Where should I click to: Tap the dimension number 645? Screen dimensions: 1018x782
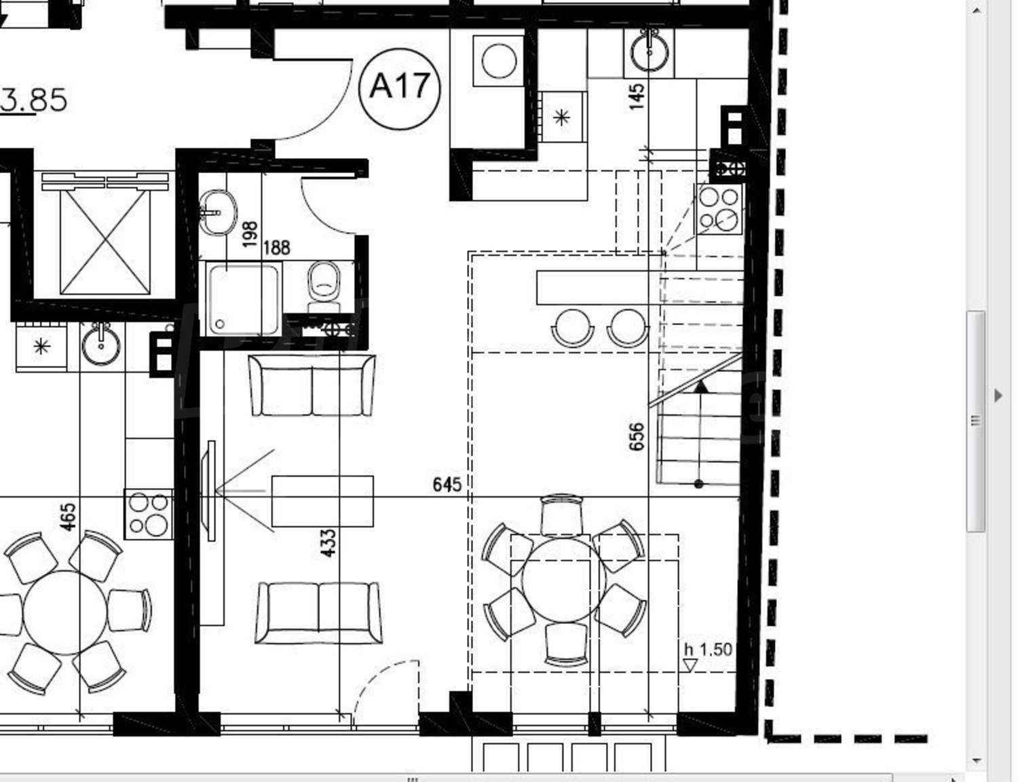click(x=447, y=485)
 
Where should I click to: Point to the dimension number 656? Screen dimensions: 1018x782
click(x=636, y=436)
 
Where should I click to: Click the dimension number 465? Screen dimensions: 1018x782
click(x=68, y=517)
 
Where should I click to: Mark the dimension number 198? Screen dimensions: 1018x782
click(x=250, y=234)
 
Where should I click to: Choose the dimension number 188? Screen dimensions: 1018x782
click(x=276, y=248)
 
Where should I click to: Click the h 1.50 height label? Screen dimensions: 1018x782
click(x=708, y=650)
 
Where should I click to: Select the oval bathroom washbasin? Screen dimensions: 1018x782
click(x=218, y=212)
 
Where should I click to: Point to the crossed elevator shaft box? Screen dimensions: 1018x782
click(x=105, y=242)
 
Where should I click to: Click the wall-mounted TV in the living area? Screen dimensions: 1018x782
click(x=208, y=491)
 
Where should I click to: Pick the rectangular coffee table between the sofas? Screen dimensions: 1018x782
click(x=322, y=502)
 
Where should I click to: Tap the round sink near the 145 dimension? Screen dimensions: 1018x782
click(x=649, y=52)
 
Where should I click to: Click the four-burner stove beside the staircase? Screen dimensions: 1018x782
click(x=718, y=209)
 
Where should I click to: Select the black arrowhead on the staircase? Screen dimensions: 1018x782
click(x=700, y=386)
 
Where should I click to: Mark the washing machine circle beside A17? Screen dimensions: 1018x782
click(x=498, y=61)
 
